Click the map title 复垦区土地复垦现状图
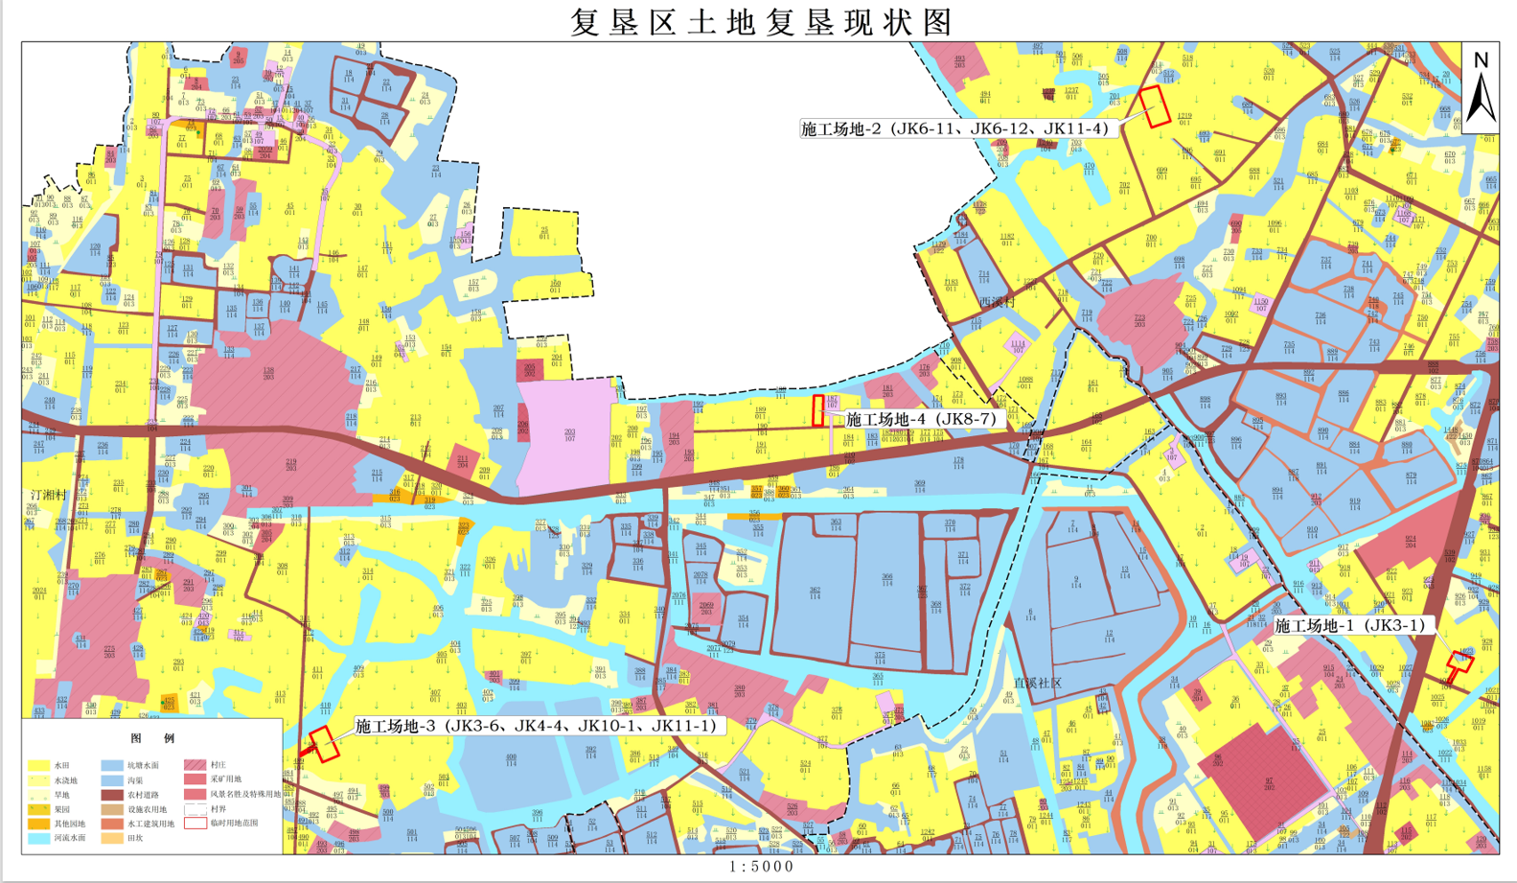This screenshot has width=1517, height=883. click(x=762, y=22)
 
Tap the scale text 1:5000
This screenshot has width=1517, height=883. click(x=762, y=867)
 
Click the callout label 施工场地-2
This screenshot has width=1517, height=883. click(x=954, y=128)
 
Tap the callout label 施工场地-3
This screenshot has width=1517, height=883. click(x=536, y=726)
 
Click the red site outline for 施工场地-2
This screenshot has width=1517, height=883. click(x=1156, y=106)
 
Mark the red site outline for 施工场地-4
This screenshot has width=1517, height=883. click(x=818, y=410)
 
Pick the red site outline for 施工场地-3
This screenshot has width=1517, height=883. click(x=324, y=743)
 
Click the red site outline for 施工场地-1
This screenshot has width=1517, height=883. click(x=1460, y=662)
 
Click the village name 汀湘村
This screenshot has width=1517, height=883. click(x=48, y=496)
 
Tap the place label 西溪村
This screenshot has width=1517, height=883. click(x=997, y=301)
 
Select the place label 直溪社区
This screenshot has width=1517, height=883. click(x=1038, y=683)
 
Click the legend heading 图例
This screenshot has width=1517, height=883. click(x=153, y=738)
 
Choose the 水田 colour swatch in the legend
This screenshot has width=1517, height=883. click(x=38, y=765)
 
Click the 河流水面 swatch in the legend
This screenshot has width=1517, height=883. click(x=38, y=838)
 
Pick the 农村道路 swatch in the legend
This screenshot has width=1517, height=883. click(x=112, y=795)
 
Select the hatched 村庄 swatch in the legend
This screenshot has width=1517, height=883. click(x=195, y=765)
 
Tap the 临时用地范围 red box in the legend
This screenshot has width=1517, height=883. click(x=195, y=823)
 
